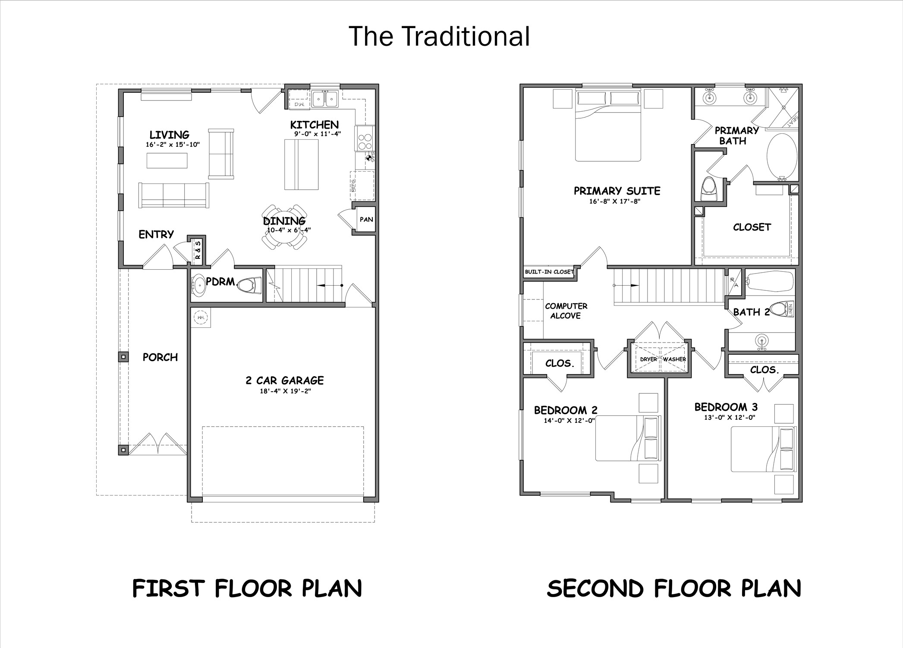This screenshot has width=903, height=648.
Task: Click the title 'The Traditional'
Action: pos(439,36)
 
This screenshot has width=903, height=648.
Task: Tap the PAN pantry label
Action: pos(366,220)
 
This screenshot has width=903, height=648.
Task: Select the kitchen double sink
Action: pos(325,99)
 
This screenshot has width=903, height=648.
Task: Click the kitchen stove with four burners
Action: pos(365,138)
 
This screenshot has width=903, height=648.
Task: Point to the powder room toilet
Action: pos(249,285)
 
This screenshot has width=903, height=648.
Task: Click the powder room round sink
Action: pos(198,285)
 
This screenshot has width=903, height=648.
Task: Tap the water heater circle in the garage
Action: pos(201,318)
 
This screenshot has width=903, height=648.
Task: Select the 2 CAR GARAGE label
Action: pos(285,381)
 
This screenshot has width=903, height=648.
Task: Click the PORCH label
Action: pos(160,357)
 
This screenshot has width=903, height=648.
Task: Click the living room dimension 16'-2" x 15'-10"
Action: pos(173,145)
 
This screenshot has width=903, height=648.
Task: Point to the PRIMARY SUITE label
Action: pos(617,191)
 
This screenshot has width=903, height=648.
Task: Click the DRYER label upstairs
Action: pos(648,359)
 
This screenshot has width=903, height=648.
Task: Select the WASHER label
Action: pos(674,359)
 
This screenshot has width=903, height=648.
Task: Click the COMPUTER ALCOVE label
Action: pos(566,311)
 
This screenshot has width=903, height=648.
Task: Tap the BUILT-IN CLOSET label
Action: pos(549,272)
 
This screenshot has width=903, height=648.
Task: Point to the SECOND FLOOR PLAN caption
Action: pos(674,588)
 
